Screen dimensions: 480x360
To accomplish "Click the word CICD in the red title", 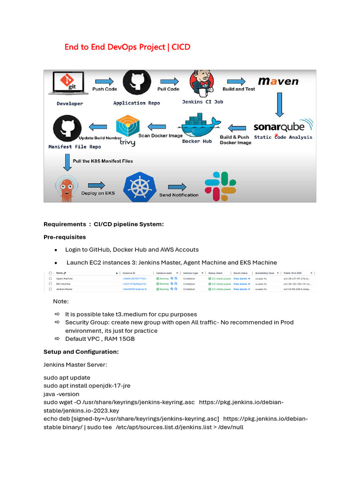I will coord(181,47).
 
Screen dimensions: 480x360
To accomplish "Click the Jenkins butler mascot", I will coord(202,82).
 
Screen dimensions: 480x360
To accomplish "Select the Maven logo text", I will coord(278,81).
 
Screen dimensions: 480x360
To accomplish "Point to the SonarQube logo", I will coord(282,126).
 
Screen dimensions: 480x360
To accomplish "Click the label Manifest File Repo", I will coord(75,147).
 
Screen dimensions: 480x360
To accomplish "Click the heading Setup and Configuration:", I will coord(81,352).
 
